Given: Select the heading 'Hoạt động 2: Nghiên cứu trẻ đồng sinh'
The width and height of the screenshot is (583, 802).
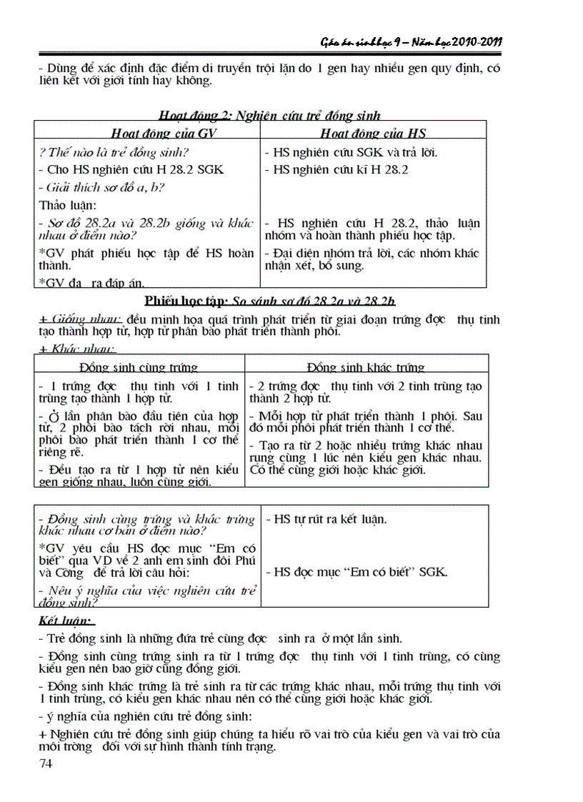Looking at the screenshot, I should [x=269, y=115].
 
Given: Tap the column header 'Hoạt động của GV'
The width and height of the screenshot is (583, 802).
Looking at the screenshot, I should [x=148, y=134].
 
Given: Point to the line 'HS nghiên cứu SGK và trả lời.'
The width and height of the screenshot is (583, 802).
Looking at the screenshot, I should [x=351, y=152].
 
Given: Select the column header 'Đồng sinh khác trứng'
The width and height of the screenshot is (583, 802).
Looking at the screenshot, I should [x=366, y=368].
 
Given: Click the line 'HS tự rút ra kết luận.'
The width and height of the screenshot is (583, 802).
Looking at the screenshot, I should [x=325, y=519].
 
